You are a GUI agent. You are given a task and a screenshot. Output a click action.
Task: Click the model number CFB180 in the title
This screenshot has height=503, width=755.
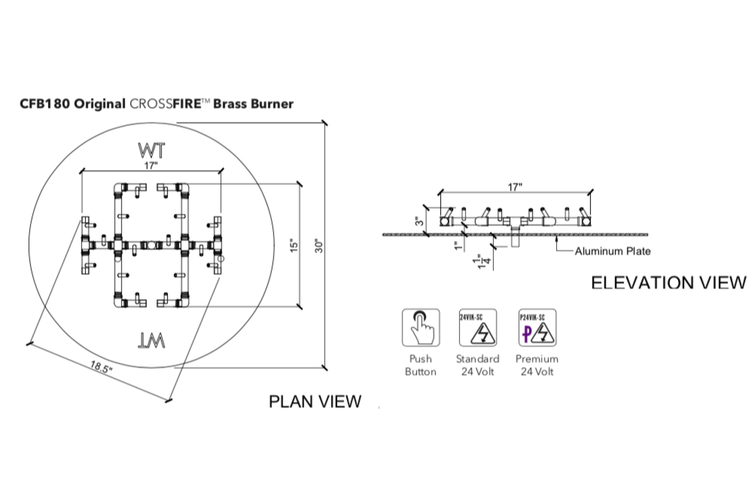click(45, 104)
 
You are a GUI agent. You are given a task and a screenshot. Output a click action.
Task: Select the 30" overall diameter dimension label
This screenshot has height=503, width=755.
click(319, 246)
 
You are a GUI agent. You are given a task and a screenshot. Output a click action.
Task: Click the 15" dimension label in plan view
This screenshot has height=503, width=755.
click(294, 246)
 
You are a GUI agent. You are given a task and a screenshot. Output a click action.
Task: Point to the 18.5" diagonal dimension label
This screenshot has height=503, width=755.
click(101, 367)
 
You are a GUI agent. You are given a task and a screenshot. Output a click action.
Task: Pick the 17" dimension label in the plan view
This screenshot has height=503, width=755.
click(151, 166)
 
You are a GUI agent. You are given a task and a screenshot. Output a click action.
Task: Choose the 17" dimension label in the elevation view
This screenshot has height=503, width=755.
click(515, 187)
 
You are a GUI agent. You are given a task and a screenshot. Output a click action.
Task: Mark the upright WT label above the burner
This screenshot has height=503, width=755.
click(151, 151)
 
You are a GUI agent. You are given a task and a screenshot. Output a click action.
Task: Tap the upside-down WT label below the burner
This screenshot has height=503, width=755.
click(151, 341)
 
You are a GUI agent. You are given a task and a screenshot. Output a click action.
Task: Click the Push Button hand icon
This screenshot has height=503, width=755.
click(421, 327)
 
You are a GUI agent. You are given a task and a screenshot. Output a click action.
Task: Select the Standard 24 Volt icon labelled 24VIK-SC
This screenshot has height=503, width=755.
click(478, 327)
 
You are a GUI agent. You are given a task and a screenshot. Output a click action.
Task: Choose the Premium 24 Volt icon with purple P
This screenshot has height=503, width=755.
click(537, 327)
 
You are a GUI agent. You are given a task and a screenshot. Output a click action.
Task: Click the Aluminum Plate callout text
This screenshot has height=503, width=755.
click(612, 251)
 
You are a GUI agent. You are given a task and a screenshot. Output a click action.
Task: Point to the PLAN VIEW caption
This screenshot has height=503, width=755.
click(315, 402)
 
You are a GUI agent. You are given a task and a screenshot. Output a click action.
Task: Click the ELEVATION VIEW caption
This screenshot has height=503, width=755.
click(668, 283)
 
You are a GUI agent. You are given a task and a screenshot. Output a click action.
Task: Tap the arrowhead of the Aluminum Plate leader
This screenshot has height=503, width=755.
click(557, 237)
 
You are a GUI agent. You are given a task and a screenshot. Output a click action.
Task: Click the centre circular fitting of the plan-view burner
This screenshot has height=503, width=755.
click(151, 245)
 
